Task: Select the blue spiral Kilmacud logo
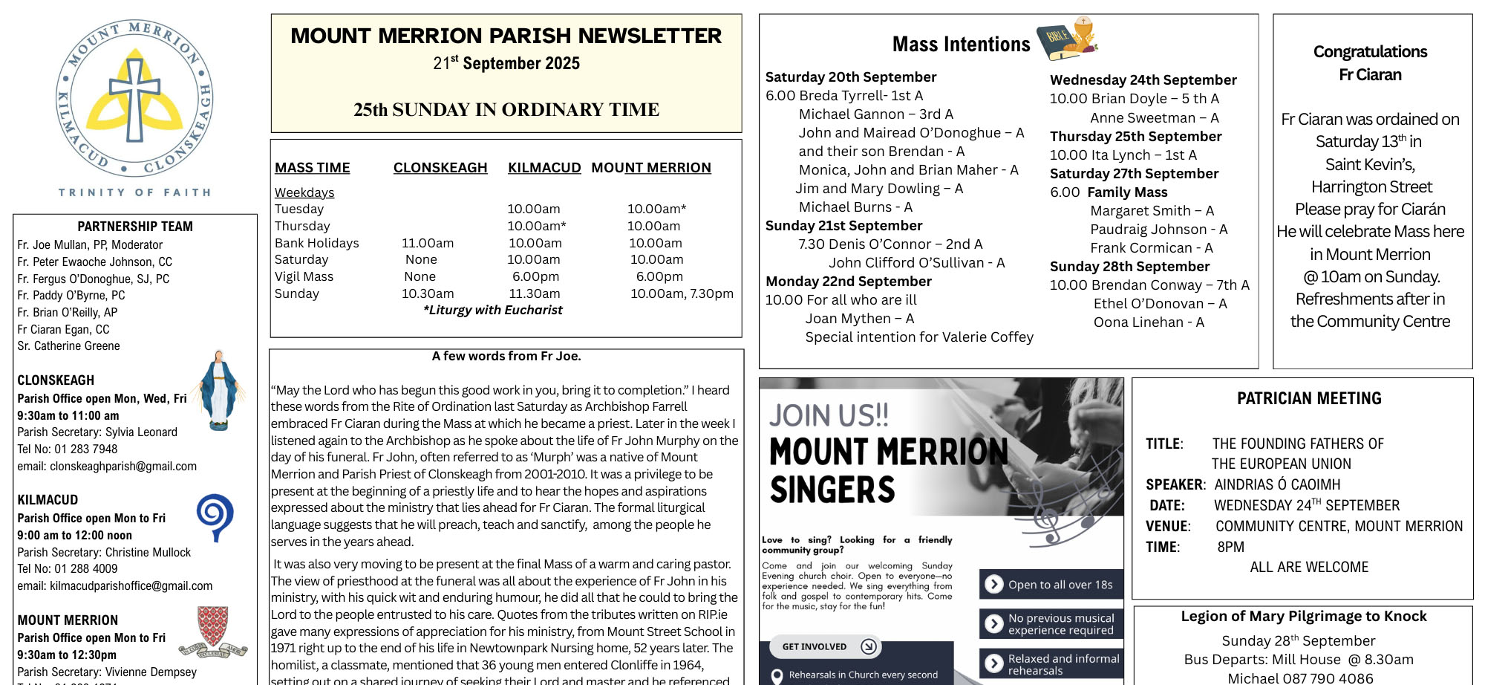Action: (x=215, y=516)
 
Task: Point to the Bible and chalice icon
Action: (x=1067, y=39)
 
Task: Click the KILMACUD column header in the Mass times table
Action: (x=544, y=168)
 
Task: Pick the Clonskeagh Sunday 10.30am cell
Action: (x=428, y=293)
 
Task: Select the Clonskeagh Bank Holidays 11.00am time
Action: (x=428, y=243)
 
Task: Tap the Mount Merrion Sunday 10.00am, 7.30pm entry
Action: (x=682, y=293)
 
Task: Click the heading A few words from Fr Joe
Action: (x=506, y=356)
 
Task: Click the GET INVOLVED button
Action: (x=824, y=646)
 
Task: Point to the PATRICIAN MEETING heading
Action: (x=1309, y=399)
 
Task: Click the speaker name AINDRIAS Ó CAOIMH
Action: (x=1277, y=484)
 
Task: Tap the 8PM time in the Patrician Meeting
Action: (x=1230, y=547)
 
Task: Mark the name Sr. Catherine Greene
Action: (x=68, y=345)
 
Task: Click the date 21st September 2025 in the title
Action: (x=506, y=63)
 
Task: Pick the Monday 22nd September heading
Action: (x=848, y=282)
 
